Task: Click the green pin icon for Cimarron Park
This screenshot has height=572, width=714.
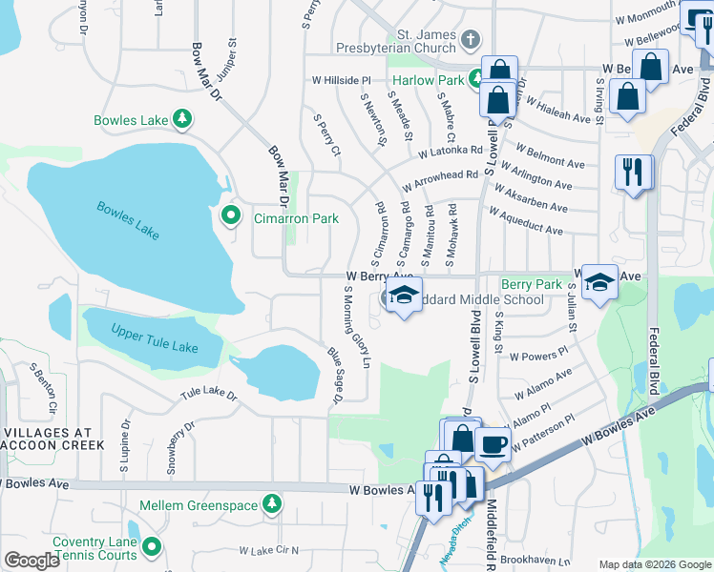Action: pyautogui.click(x=230, y=217)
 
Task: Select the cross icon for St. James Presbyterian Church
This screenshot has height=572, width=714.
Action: pyautogui.click(x=469, y=40)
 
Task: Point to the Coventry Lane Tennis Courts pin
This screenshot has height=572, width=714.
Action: pyautogui.click(x=152, y=548)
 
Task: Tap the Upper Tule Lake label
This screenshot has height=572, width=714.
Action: pyautogui.click(x=155, y=338)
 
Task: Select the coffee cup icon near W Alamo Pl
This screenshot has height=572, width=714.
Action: pyautogui.click(x=493, y=443)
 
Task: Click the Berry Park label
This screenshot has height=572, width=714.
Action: pyautogui.click(x=532, y=284)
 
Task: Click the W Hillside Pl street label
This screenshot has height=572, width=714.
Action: pyautogui.click(x=341, y=81)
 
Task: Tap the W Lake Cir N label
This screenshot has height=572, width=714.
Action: pyautogui.click(x=269, y=550)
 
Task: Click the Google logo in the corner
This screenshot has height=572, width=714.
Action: pyautogui.click(x=32, y=561)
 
